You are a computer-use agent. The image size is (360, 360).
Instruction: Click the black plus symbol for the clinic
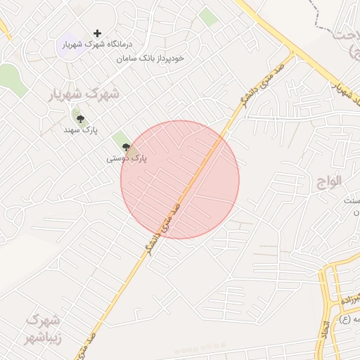point(97,33)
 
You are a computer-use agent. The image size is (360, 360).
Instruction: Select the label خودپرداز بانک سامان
point(151,58)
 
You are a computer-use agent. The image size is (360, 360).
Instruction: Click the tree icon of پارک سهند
point(79,119)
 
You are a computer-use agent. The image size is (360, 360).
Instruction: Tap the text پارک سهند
point(80,130)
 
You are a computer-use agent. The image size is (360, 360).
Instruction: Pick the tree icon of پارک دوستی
point(127,147)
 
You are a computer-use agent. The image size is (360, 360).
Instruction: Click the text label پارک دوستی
point(127,159)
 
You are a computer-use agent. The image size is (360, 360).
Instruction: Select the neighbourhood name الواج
point(328,180)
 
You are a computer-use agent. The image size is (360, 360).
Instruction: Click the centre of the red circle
point(180,179)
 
